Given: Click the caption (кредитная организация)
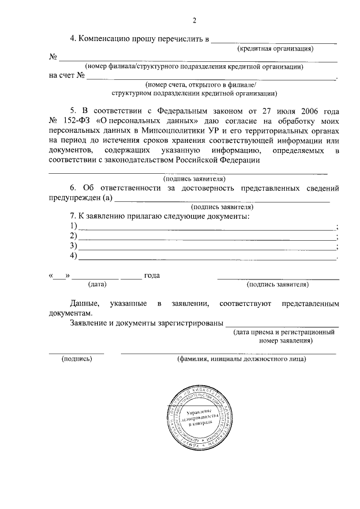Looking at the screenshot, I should (274, 48).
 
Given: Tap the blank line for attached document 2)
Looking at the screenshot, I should (206, 237).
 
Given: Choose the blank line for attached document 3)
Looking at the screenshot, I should (206, 247).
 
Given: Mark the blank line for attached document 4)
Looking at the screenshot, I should (206, 257).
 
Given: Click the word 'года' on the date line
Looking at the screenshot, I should (152, 276).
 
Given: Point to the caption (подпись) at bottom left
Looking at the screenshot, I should (76, 358).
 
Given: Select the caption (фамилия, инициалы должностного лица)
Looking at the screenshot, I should (241, 358).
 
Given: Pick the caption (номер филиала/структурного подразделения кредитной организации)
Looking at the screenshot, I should (194, 66).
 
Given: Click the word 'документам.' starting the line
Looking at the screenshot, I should (69, 313).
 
